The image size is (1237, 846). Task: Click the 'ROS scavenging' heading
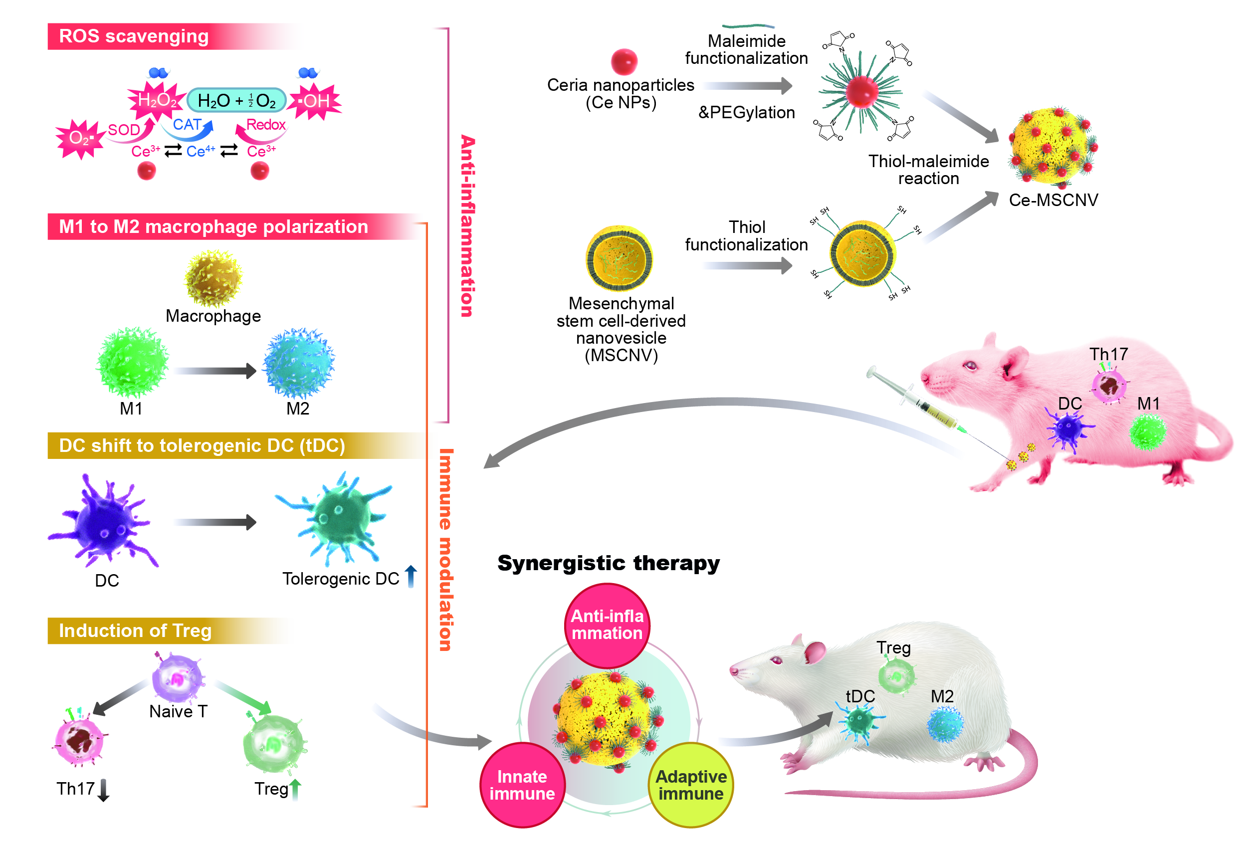(x=134, y=36)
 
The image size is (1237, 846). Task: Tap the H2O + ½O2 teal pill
(x=236, y=100)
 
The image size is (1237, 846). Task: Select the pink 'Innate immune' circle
(x=522, y=785)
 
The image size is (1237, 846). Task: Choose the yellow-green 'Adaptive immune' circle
(x=691, y=785)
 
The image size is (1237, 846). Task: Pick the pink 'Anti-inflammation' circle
(x=607, y=625)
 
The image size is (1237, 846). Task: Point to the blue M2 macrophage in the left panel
(x=299, y=363)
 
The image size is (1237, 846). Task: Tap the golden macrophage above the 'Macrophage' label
(x=213, y=278)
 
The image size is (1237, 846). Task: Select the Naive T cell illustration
(x=177, y=677)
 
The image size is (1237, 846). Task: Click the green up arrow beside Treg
(x=295, y=789)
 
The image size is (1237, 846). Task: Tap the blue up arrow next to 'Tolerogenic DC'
(x=411, y=577)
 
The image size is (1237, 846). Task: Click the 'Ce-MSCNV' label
(x=1053, y=200)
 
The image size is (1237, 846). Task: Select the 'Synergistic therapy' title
(x=608, y=563)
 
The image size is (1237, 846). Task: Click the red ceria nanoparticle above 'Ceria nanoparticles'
(x=624, y=61)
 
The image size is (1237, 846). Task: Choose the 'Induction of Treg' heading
(x=135, y=631)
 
